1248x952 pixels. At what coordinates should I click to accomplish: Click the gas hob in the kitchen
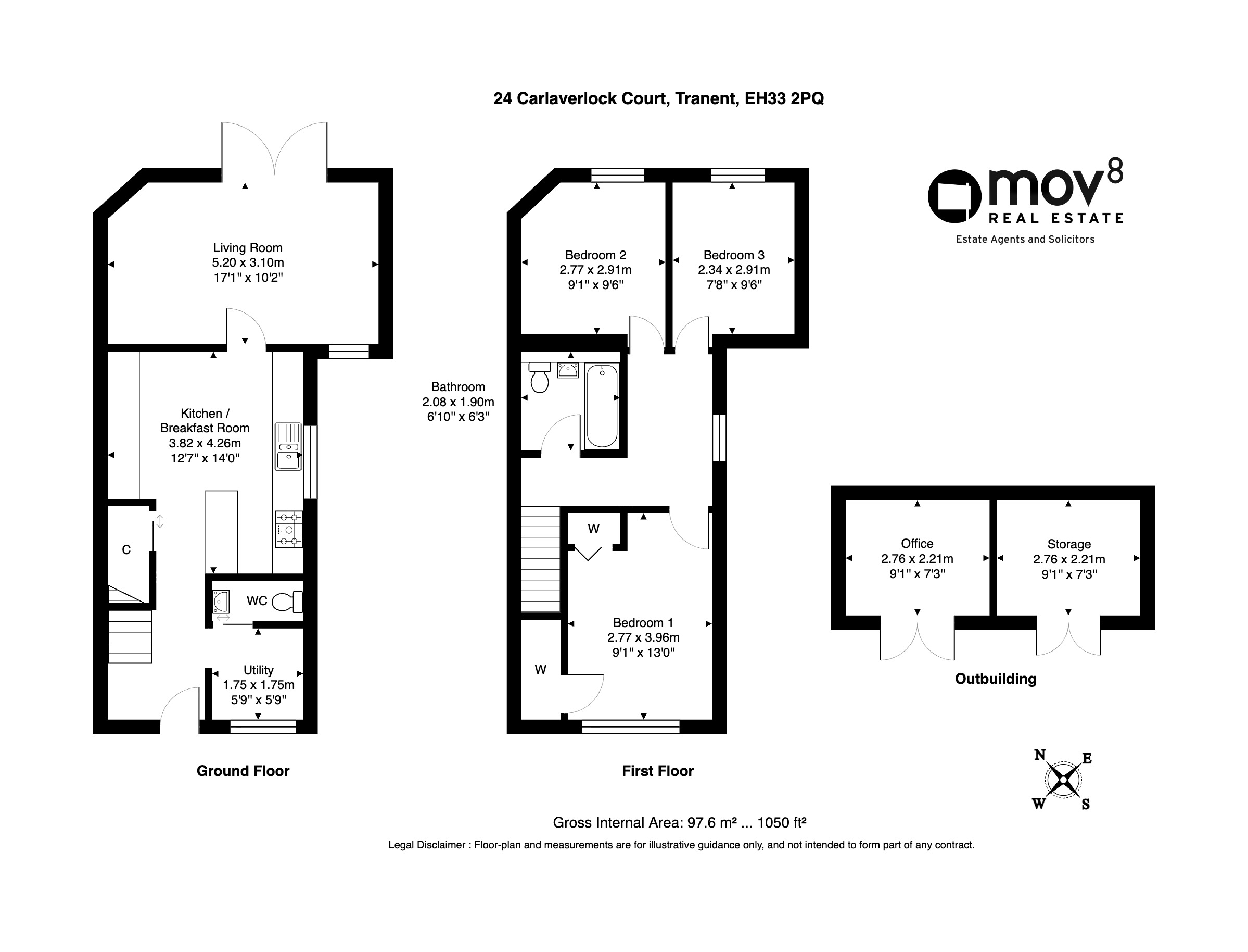tap(289, 529)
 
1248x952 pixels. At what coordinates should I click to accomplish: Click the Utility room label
tap(259, 670)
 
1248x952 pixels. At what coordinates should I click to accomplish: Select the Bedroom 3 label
tap(734, 255)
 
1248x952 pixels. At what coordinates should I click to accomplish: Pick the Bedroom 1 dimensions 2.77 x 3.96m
tap(643, 637)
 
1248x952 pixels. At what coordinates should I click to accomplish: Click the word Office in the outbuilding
tap(917, 543)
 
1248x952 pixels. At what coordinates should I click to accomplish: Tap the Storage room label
tap(1069, 544)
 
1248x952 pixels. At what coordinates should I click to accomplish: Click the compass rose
tap(1063, 780)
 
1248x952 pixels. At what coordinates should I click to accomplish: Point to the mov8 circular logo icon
tap(954, 196)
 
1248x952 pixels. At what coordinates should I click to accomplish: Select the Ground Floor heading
tap(243, 771)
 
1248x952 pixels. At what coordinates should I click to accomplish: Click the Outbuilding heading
tap(996, 679)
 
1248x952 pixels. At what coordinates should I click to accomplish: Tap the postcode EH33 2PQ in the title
tap(784, 98)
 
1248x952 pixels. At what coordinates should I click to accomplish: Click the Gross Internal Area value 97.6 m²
tap(712, 822)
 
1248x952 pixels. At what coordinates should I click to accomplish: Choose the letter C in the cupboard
tap(126, 549)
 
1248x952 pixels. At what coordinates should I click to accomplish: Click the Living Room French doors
tap(274, 148)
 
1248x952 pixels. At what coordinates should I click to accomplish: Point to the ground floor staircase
tap(130, 636)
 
